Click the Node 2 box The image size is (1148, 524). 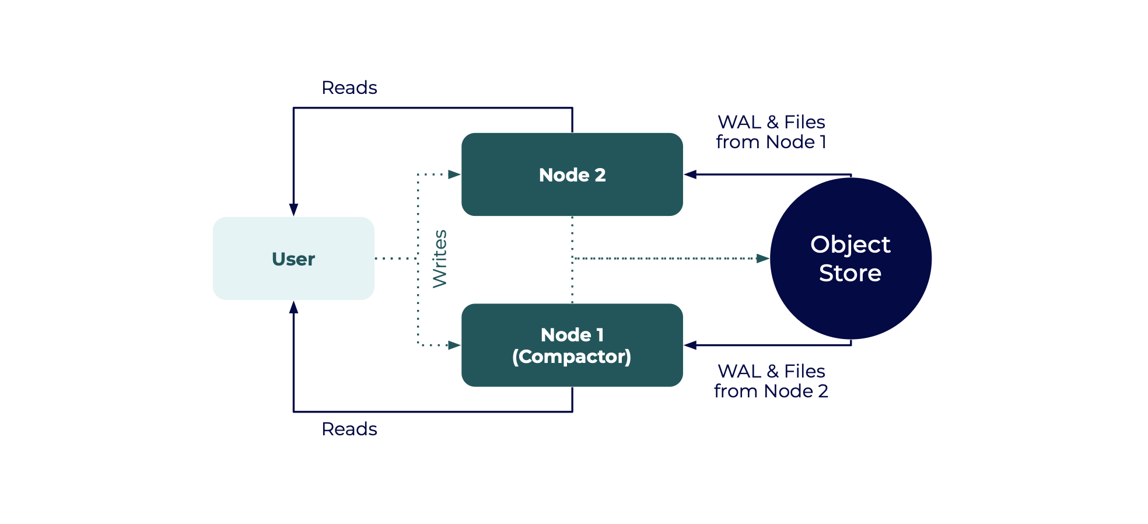click(x=572, y=174)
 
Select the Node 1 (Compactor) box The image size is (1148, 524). click(x=572, y=345)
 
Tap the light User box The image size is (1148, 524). click(x=293, y=258)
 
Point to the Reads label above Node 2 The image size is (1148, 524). click(x=349, y=88)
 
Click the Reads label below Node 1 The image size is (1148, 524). click(x=349, y=429)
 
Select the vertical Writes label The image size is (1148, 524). click(x=440, y=258)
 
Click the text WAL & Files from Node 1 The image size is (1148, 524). click(x=771, y=132)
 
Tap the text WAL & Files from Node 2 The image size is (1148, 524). click(x=771, y=381)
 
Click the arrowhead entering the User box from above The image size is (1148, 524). click(x=293, y=210)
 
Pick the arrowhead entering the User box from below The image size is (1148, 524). click(x=293, y=307)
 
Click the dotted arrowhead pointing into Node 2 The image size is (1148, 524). click(x=454, y=174)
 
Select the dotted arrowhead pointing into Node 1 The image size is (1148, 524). click(x=454, y=345)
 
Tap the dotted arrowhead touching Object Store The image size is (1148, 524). click(x=762, y=258)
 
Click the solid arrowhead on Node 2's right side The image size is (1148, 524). click(x=690, y=174)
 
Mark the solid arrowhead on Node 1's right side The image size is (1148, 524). click(x=690, y=345)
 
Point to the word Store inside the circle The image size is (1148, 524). click(x=850, y=273)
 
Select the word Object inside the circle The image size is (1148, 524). click(x=850, y=244)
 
